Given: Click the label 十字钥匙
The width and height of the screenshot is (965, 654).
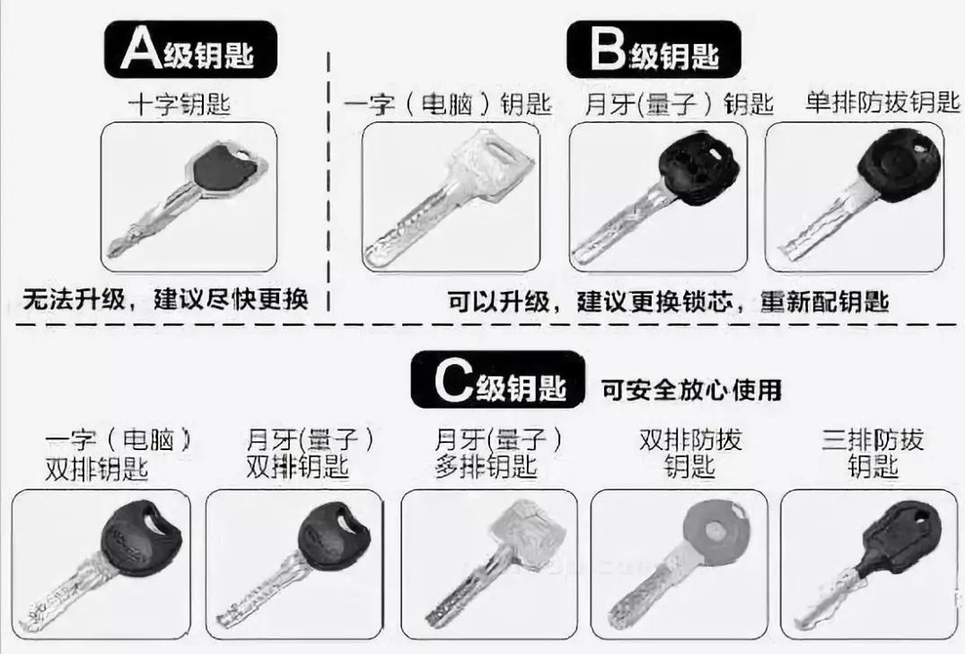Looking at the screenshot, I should (x=179, y=105).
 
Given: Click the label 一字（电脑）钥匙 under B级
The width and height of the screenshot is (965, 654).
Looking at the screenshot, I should (x=447, y=105).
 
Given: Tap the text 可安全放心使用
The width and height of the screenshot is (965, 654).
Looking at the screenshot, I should (x=692, y=389).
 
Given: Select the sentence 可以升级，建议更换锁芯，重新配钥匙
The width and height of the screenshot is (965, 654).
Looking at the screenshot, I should (x=668, y=300).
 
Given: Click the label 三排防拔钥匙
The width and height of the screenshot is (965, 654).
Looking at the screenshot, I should (x=873, y=454).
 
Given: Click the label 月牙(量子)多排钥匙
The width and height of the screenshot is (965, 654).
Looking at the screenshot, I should (x=498, y=454).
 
